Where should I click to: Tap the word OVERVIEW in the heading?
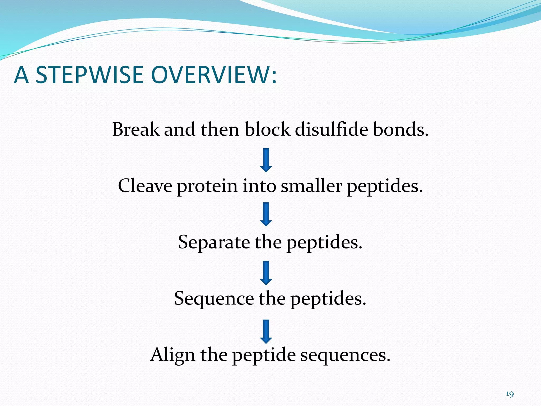(x=214, y=75)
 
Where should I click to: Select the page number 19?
(x=510, y=394)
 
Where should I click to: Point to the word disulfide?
(x=331, y=130)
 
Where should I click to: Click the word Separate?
(x=214, y=243)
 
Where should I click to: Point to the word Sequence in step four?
(x=214, y=299)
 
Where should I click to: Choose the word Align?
(x=173, y=355)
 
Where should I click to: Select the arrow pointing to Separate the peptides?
(x=266, y=214)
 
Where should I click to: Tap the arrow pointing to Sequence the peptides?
(x=266, y=273)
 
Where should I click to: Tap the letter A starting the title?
(x=21, y=75)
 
